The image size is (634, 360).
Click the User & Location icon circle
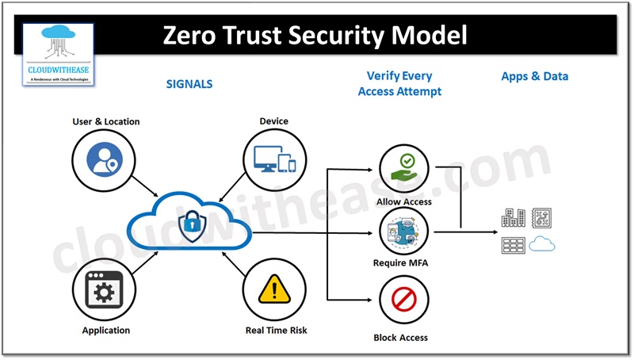[x=105, y=157]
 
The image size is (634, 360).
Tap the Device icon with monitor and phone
[x=273, y=158]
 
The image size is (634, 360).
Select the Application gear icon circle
[x=105, y=293]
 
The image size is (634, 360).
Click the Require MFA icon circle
[x=403, y=233]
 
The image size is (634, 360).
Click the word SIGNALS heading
[x=189, y=83]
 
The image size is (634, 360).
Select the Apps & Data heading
[x=534, y=77]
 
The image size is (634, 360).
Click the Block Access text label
[x=401, y=338]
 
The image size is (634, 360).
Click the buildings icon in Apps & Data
[x=513, y=218]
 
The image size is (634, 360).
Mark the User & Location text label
[x=105, y=121]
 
